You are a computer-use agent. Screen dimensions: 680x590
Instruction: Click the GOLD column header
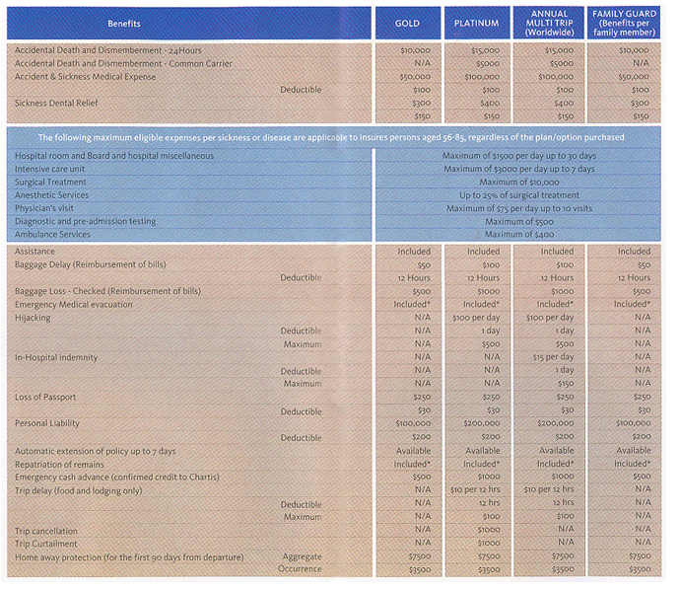407,24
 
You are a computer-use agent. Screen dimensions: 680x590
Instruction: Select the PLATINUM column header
476,24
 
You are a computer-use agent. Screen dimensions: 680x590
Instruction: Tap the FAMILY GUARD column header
624,23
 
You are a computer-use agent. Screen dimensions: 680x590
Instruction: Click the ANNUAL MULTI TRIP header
550,23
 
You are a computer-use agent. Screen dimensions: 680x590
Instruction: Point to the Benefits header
124,24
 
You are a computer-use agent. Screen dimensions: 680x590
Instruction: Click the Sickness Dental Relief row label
56,103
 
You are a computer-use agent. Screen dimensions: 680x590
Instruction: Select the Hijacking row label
33,318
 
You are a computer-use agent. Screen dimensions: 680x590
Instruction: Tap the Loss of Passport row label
45,398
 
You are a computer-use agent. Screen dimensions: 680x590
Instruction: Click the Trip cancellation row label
46,531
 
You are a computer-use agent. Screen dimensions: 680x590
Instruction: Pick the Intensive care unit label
50,169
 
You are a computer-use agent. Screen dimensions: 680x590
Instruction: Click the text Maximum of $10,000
519,183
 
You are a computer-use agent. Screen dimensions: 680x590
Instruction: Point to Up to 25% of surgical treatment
519,195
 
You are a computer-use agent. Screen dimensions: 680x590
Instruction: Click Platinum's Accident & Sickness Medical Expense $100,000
482,77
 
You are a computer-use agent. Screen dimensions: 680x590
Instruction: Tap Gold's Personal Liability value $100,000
413,423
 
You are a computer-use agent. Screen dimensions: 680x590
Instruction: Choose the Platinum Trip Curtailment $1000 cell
489,543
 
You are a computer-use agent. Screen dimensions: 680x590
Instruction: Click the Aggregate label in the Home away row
303,556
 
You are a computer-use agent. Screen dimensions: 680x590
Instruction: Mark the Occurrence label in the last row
300,568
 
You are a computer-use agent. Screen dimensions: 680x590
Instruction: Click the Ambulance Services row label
52,235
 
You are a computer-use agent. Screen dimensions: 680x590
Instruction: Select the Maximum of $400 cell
519,235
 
